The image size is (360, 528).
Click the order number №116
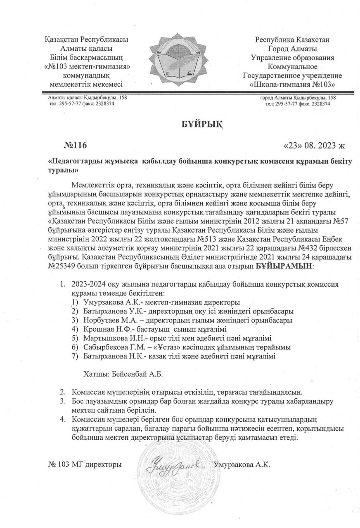pyautogui.click(x=76, y=146)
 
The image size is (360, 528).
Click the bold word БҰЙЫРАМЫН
pyautogui.click(x=284, y=266)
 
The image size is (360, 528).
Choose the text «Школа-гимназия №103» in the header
pyautogui.click(x=292, y=85)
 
